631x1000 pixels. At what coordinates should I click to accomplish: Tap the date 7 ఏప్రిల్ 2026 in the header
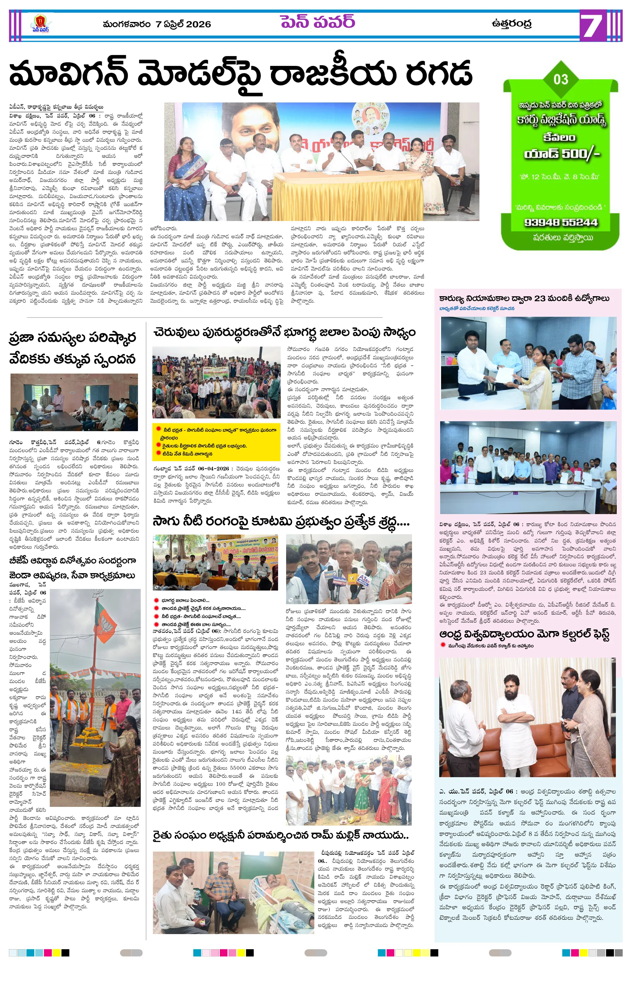pyautogui.click(x=183, y=24)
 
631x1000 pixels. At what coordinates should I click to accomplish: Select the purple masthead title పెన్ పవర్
pyautogui.click(x=318, y=22)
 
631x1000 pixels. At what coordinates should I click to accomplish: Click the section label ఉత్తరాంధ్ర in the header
pyautogui.click(x=511, y=23)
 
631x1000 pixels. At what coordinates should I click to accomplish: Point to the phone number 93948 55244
pyautogui.click(x=561, y=222)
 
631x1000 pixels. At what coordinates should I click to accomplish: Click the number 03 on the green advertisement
pyautogui.click(x=560, y=79)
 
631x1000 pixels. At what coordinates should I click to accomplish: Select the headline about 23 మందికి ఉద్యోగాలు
pyautogui.click(x=524, y=298)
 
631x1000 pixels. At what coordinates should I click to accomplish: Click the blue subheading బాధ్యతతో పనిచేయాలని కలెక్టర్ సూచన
pyautogui.click(x=477, y=309)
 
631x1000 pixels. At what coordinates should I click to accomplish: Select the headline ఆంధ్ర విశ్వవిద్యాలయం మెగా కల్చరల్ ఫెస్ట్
pyautogui.click(x=524, y=634)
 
